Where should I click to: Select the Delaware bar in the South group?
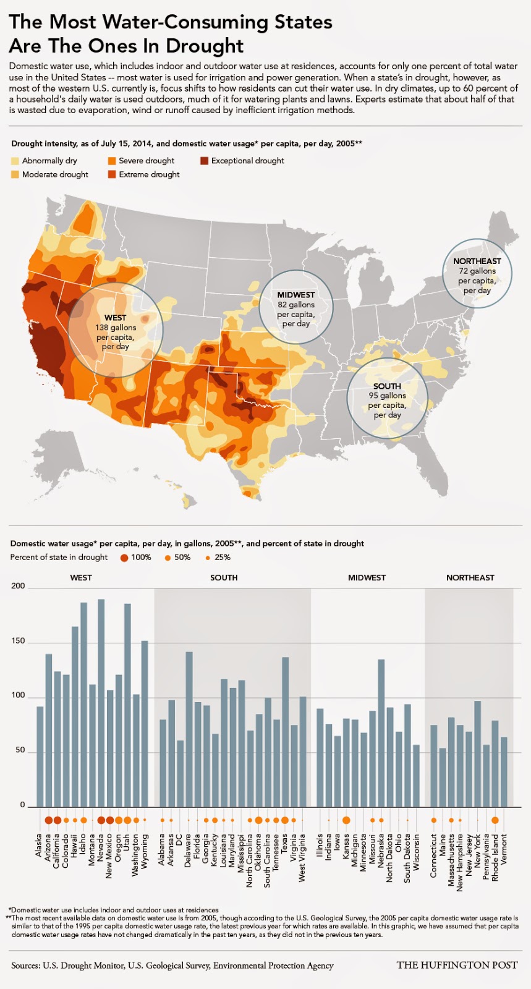coord(189,729)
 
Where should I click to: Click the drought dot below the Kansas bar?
coord(346,820)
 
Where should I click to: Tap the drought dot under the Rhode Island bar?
coord(495,820)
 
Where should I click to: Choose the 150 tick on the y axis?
coord(18,641)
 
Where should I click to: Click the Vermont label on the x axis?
coord(504,849)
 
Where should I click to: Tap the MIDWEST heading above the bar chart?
coord(367,577)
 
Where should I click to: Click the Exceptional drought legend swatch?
coord(203,161)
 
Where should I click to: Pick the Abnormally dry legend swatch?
coord(15,161)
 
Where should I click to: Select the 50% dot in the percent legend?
coord(168,558)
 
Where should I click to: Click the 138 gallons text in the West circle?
coord(116,328)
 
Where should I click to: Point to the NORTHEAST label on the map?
coord(477,261)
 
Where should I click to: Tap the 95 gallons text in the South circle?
coord(387,396)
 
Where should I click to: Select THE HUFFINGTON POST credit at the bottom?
coord(457,965)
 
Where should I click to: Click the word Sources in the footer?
coord(25,966)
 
